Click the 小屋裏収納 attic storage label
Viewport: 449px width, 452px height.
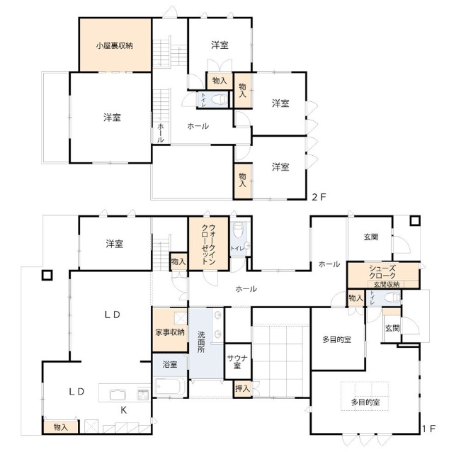pos(115,45)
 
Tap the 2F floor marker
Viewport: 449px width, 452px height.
pos(319,197)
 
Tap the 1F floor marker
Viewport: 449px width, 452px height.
pos(428,429)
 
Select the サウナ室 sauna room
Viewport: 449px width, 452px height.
pos(237,361)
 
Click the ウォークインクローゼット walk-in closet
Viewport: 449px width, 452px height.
pos(208,244)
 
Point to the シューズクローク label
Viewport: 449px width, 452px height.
pos(382,272)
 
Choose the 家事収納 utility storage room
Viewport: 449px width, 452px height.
pos(170,329)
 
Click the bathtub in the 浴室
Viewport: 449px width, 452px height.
pos(170,387)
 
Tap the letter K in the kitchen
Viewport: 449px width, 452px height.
pos(124,410)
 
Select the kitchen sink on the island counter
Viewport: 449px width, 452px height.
pos(118,395)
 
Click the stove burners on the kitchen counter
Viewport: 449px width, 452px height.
pos(143,395)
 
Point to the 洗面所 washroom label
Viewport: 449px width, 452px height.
pos(201,342)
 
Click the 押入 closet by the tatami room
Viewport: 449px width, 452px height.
pos(242,389)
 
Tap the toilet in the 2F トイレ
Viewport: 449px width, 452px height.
pos(220,99)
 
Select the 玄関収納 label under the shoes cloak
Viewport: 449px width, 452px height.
pos(387,284)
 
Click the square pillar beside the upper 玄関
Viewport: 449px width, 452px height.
pos(415,221)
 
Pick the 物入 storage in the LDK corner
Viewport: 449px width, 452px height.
pos(60,427)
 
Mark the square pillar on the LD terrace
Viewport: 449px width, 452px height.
pos(47,276)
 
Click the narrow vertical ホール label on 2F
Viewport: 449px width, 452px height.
pos(161,133)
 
